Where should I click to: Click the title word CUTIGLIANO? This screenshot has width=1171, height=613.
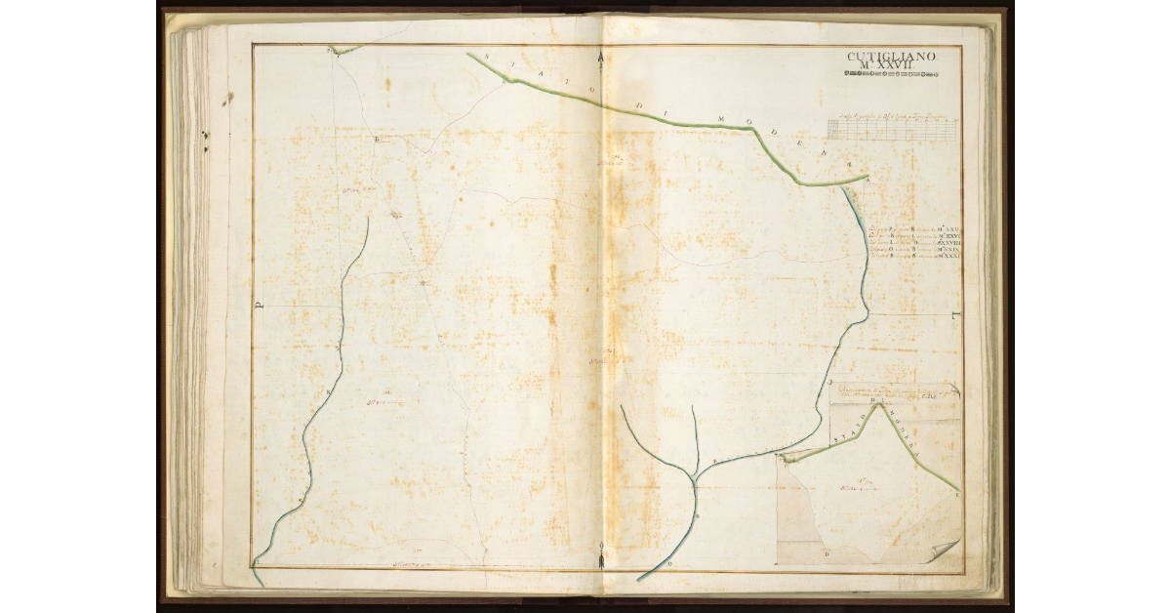coord(891,56)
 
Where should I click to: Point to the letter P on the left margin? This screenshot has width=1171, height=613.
coord(260,305)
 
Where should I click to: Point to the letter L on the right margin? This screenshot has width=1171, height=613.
coord(953,315)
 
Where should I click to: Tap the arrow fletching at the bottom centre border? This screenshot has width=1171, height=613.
coord(601,560)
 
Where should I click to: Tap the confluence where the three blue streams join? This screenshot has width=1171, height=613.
coord(694,479)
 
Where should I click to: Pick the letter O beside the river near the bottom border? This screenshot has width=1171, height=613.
coord(668,565)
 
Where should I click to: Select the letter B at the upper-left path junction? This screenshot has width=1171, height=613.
coord(377,140)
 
